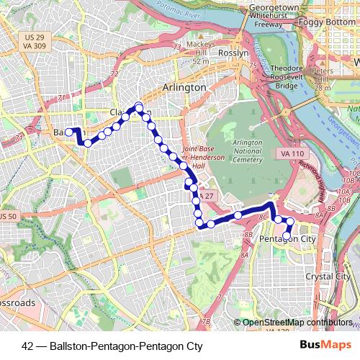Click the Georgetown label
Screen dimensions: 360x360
274,7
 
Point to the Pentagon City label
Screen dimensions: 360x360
287,238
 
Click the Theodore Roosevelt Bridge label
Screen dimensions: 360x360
287,77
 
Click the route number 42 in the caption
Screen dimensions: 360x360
27,346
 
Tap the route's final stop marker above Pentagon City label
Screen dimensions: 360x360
287,235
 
